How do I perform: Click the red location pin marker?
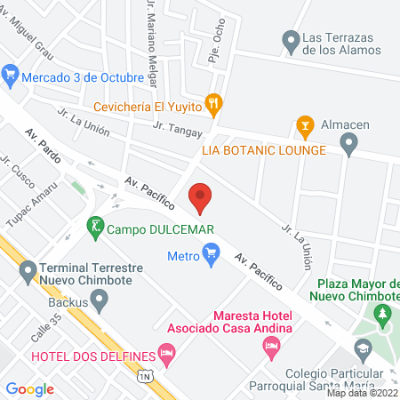pos(201,196)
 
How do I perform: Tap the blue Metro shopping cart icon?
pos(211,257)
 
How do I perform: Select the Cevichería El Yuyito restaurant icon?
pos(213,103)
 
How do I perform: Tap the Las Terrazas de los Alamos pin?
pos(290,41)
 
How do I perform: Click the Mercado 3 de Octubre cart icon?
pos(10,74)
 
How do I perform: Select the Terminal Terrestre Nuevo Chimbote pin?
pos(28,268)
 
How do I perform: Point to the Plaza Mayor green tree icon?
pos(383,315)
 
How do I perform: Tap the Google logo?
pos(30,388)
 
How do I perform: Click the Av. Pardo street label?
pos(41,142)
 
